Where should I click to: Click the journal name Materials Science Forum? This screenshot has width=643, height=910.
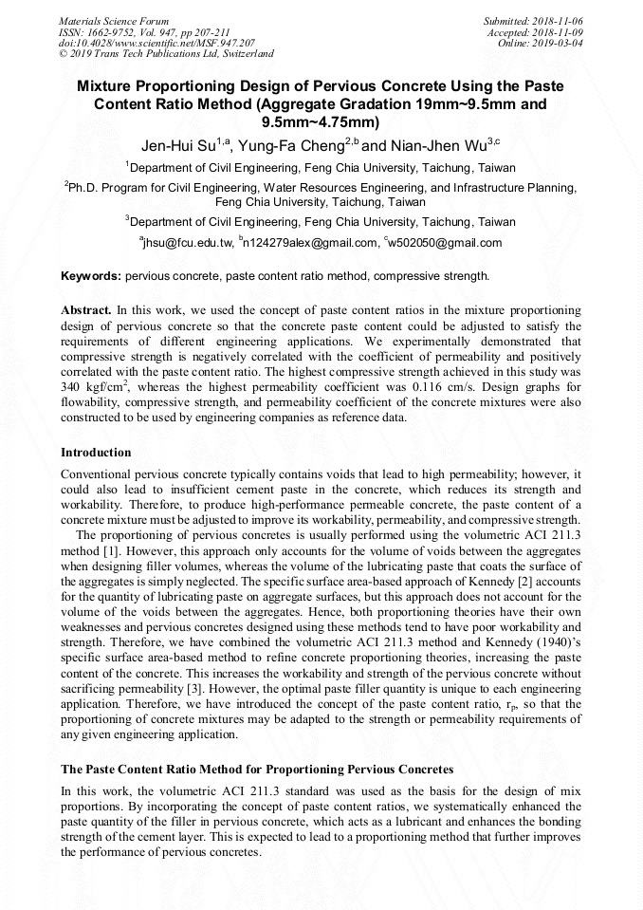(x=114, y=20)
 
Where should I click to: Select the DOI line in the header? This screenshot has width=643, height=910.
(x=156, y=43)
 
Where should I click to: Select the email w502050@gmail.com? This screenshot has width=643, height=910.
(x=446, y=243)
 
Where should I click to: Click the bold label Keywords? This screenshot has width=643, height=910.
(x=91, y=277)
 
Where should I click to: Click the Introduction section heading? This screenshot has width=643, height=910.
(x=96, y=452)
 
